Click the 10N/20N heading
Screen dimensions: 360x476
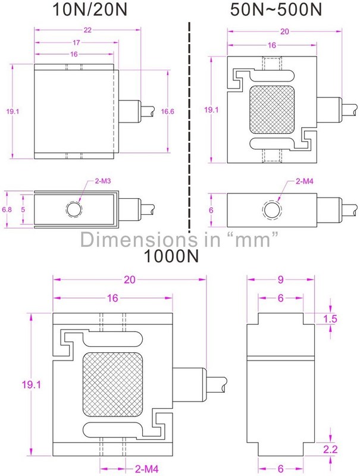[x=90, y=10]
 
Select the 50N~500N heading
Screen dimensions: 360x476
[x=276, y=10]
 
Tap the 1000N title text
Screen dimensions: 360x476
[x=171, y=256]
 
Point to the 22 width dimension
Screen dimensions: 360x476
[x=87, y=30]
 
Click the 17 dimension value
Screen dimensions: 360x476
[x=76, y=42]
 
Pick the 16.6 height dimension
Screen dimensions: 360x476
[x=168, y=111]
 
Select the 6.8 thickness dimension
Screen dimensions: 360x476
[x=7, y=209]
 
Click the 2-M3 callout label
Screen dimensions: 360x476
[x=103, y=181]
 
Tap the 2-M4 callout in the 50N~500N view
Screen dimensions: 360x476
[x=305, y=181]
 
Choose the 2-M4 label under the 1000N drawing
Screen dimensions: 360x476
[x=147, y=469]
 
